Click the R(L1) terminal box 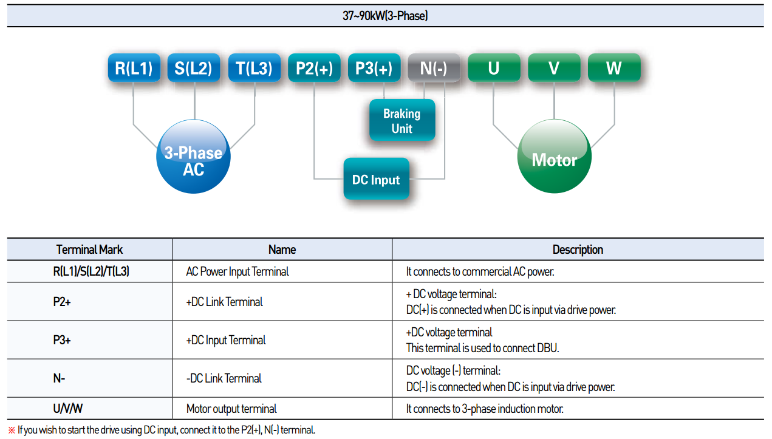(x=134, y=67)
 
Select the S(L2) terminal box (x=194, y=67)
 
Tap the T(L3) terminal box (x=254, y=67)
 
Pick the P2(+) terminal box (x=314, y=67)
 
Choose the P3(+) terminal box (x=374, y=67)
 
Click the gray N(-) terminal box (x=434, y=67)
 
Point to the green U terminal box (x=494, y=67)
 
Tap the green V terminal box (x=554, y=67)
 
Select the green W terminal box (x=614, y=67)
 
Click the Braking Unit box (x=402, y=120)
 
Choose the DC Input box (x=377, y=179)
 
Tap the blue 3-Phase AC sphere (x=193, y=157)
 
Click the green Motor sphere (x=555, y=157)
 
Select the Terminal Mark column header (x=90, y=250)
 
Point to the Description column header (x=578, y=250)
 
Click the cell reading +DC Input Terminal (x=226, y=340)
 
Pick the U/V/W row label (x=67, y=409)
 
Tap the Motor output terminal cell (x=231, y=409)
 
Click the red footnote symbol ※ (x=12, y=430)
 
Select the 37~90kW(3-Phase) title (x=385, y=16)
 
